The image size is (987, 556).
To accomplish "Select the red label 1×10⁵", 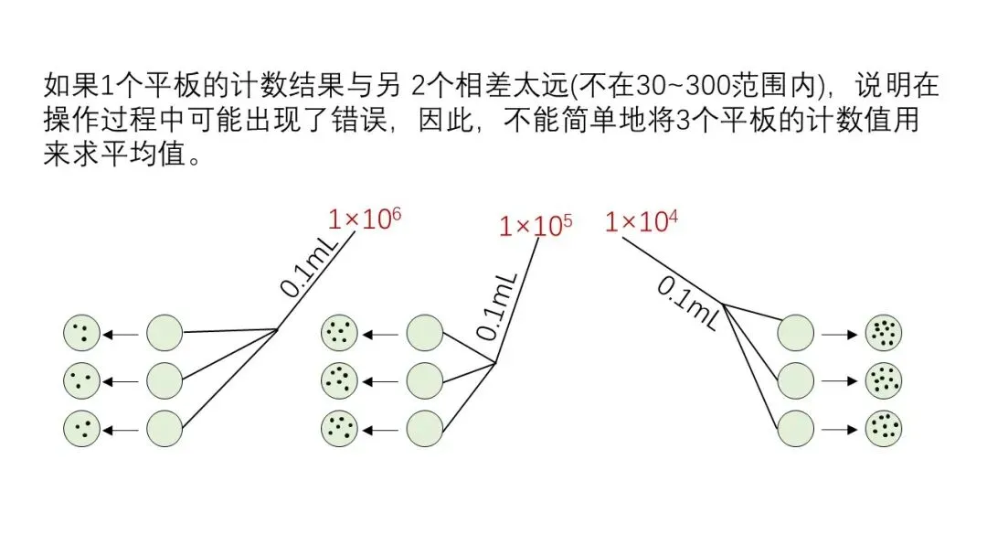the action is coord(536,226).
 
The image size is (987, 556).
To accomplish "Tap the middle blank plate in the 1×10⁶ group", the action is coord(164,377).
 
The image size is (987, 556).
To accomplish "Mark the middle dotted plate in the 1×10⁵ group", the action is coord(339,377).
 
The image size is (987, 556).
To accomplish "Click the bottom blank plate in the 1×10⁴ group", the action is coord(795,426).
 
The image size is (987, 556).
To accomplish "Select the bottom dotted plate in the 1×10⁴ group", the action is coord(883,426).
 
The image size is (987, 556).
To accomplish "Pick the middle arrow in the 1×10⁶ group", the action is coord(121,378).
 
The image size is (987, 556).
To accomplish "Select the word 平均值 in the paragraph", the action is coord(149,153).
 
